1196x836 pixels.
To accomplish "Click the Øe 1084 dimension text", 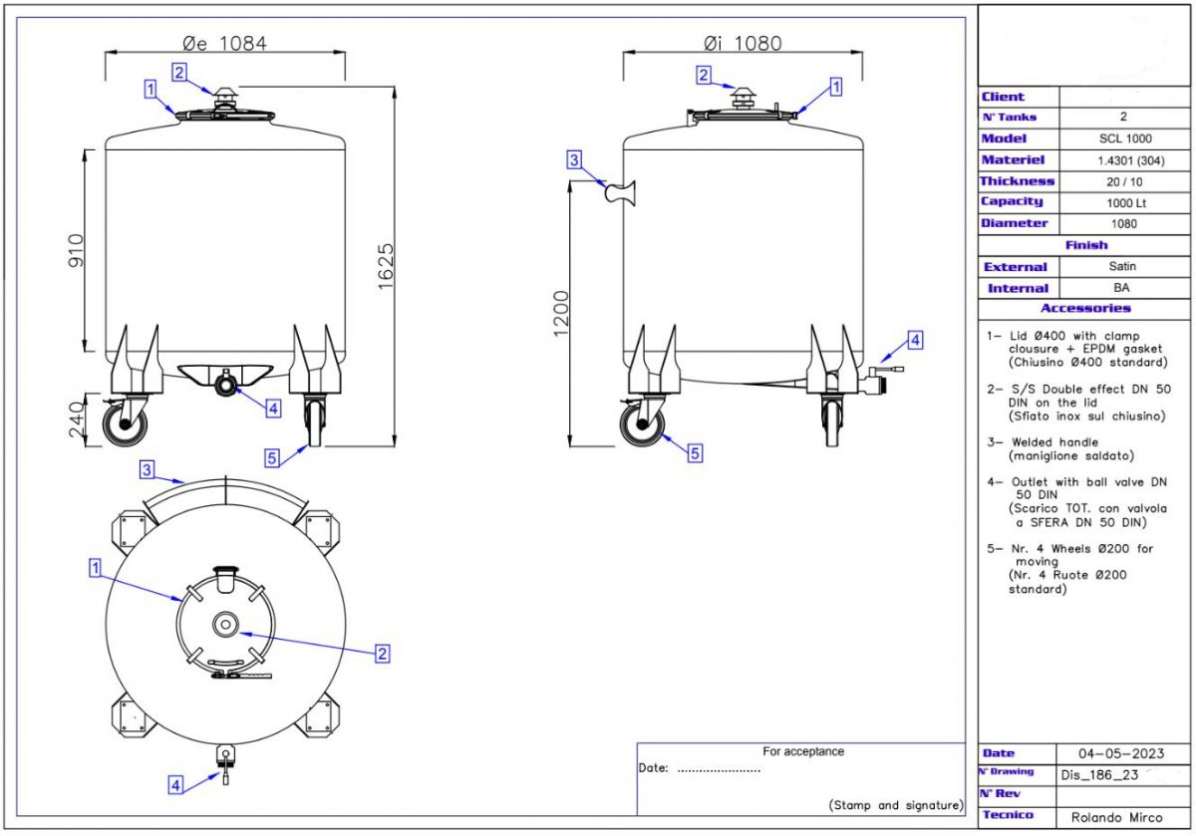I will [x=225, y=43].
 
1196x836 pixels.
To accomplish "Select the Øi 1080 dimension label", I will [x=742, y=43].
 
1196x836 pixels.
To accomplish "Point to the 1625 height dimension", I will [x=387, y=266].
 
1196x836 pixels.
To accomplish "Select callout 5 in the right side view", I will [x=695, y=452].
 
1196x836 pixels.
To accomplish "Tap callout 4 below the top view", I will [x=175, y=785].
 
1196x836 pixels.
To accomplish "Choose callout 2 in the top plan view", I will [x=381, y=654].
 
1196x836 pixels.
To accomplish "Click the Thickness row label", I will [x=1017, y=181].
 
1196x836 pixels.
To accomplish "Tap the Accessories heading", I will [x=1085, y=309].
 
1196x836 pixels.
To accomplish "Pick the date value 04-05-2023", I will [x=1120, y=753].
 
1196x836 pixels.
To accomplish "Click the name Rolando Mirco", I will [x=1116, y=817].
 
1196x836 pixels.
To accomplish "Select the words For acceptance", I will [x=802, y=751].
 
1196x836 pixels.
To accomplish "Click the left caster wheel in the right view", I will [x=644, y=424].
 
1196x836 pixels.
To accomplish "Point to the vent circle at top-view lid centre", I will [x=225, y=624].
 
